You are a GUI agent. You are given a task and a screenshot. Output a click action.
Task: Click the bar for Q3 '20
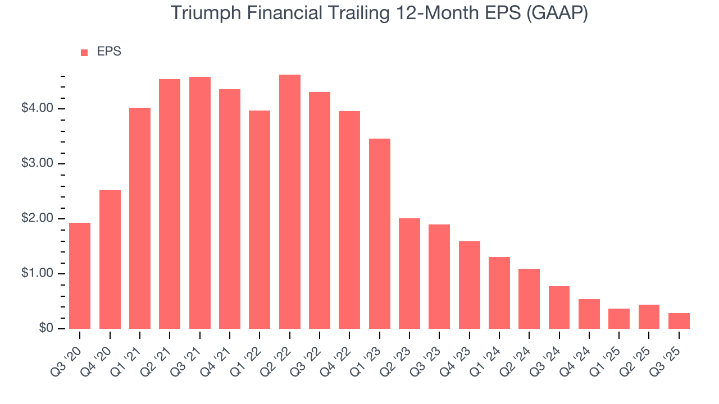pyautogui.click(x=80, y=276)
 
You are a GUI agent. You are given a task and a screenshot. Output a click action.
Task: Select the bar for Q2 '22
pyautogui.click(x=289, y=201)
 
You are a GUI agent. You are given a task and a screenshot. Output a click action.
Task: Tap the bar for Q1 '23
pyautogui.click(x=379, y=233)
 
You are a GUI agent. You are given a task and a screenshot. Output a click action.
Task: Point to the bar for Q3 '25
pyautogui.click(x=679, y=321)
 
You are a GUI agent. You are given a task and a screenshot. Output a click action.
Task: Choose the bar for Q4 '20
pyautogui.click(x=110, y=259)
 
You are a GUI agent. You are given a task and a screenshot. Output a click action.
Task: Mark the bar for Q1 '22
pyautogui.click(x=260, y=219)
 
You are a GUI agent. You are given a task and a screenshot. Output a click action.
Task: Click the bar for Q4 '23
pyautogui.click(x=469, y=285)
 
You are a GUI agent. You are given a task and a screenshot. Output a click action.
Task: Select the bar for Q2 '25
pyautogui.click(x=649, y=316)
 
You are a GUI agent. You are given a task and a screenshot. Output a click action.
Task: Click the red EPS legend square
pyautogui.click(x=84, y=52)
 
